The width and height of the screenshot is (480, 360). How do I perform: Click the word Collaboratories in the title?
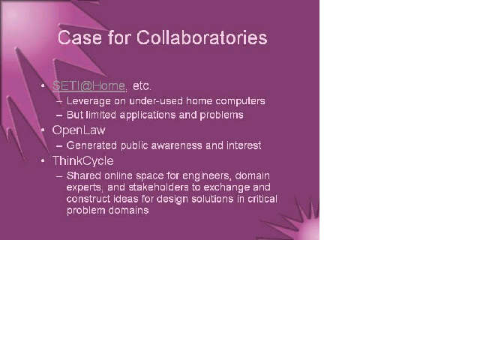click(x=202, y=37)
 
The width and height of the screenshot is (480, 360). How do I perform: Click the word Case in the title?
click(x=79, y=37)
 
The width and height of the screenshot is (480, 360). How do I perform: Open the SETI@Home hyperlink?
click(x=88, y=86)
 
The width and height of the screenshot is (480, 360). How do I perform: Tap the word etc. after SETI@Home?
click(x=142, y=86)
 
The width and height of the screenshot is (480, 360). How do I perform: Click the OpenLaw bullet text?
click(x=79, y=130)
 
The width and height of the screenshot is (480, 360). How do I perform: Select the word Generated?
click(x=91, y=145)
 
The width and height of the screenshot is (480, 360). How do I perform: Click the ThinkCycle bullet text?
click(x=83, y=161)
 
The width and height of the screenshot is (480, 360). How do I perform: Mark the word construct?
click(x=88, y=199)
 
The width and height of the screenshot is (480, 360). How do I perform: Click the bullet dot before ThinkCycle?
click(x=43, y=160)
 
